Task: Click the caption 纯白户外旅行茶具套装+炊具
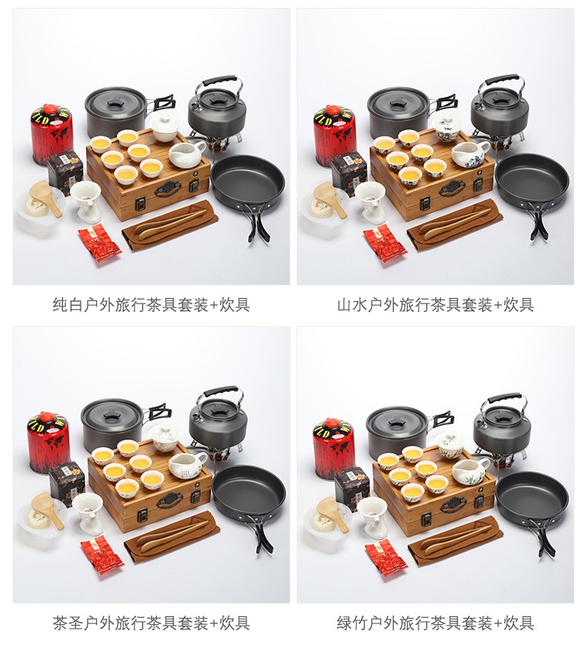point(151,305)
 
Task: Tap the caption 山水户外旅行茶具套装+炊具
point(435,305)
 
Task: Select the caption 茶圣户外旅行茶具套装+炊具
point(151,623)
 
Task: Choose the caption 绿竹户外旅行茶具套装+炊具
point(435,623)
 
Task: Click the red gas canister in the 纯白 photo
point(52,134)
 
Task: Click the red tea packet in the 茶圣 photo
point(102,556)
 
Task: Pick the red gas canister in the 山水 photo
point(334,135)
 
